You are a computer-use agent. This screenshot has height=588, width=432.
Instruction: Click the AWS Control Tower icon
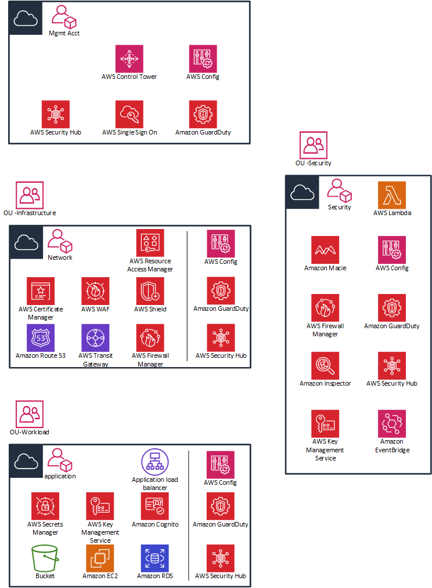point(128,59)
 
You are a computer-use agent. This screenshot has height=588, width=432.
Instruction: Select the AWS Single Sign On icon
point(129,114)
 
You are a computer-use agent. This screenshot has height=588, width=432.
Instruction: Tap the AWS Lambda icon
point(392,195)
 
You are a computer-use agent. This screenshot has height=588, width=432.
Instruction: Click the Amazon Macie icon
point(325,250)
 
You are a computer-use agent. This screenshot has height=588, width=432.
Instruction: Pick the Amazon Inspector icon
point(325,366)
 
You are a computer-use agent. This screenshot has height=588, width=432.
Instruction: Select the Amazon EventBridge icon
point(392,424)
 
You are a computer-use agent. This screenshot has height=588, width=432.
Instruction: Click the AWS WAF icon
point(96,291)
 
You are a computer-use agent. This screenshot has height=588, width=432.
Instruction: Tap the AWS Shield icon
point(150,291)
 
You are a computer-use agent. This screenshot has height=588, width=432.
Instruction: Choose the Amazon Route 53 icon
point(41,337)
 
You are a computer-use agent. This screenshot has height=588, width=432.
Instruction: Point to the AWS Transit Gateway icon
point(96,337)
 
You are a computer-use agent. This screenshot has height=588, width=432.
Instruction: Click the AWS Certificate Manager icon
point(41,291)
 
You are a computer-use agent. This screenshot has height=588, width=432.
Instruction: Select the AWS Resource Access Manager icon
point(150,244)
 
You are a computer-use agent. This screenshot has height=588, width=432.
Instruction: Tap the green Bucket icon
point(45,558)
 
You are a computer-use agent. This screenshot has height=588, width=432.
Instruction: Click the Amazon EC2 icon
point(100,558)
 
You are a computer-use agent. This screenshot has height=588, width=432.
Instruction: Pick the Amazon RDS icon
point(155,558)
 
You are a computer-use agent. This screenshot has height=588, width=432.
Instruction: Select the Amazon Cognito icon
point(155,506)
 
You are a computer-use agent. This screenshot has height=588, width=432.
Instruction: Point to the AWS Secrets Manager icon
point(45,506)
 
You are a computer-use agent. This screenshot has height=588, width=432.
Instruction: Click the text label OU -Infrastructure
point(30,213)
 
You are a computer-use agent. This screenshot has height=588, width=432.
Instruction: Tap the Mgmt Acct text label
point(64,33)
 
